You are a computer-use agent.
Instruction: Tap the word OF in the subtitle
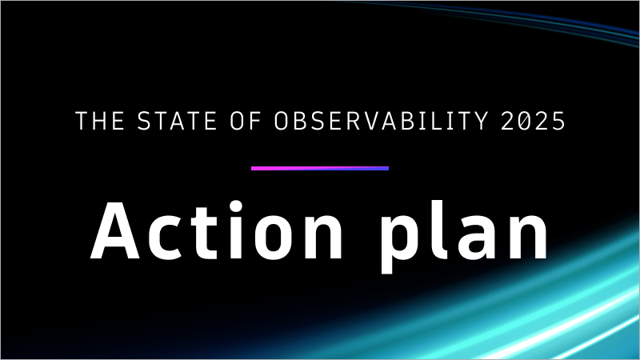[243, 122]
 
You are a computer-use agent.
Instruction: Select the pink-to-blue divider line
[320, 168]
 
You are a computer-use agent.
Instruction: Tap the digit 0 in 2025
[524, 122]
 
